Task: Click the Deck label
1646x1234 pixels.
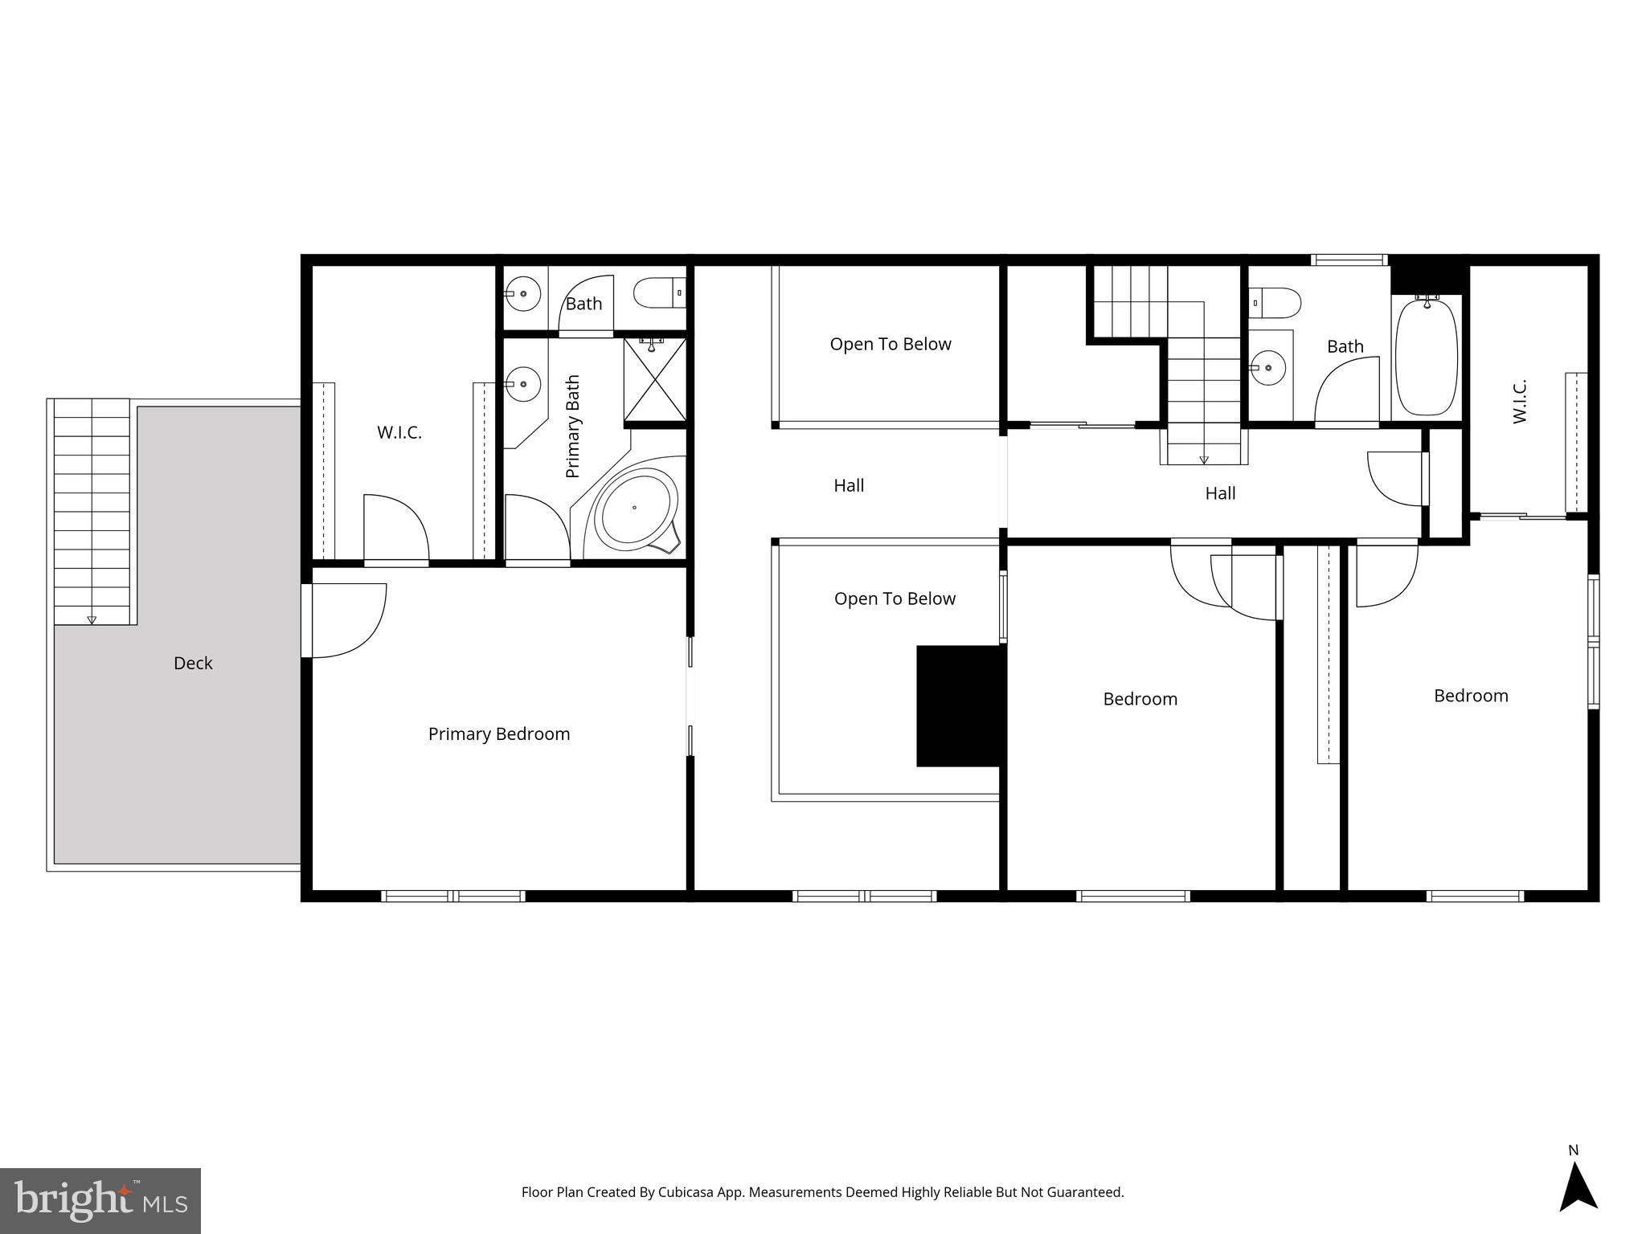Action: pyautogui.click(x=193, y=663)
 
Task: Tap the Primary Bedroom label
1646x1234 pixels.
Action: pyautogui.click(x=498, y=733)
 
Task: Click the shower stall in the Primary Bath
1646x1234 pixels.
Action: pyautogui.click(x=655, y=380)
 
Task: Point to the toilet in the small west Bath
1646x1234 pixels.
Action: pyautogui.click(x=660, y=293)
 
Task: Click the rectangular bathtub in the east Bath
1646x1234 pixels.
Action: pyautogui.click(x=1426, y=356)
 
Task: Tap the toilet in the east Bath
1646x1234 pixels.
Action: pyautogui.click(x=1275, y=303)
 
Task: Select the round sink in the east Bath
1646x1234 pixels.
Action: pyautogui.click(x=1268, y=368)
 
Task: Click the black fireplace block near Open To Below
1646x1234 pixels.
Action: pyautogui.click(x=960, y=705)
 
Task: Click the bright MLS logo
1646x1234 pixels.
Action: pyautogui.click(x=100, y=1200)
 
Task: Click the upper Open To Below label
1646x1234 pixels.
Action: pyautogui.click(x=890, y=344)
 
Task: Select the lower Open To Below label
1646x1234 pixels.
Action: pyautogui.click(x=895, y=599)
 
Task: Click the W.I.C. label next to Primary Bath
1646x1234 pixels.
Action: pyautogui.click(x=399, y=432)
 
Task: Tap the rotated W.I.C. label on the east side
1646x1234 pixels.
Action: pyautogui.click(x=1519, y=402)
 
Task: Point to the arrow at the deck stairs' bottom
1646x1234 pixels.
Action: pyautogui.click(x=92, y=619)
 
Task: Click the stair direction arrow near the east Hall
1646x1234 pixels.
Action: pyautogui.click(x=1203, y=460)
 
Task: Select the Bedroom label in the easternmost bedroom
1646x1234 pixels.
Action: pyautogui.click(x=1471, y=696)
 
